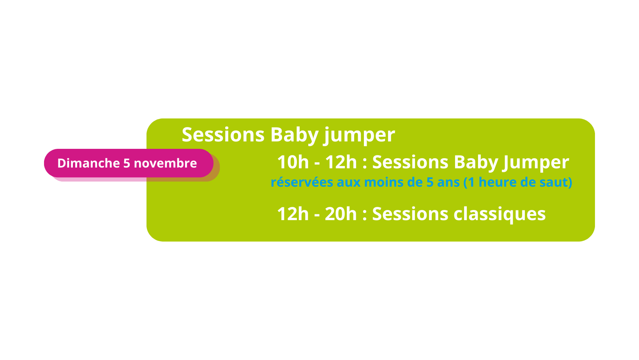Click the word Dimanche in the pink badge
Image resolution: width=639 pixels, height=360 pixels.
(x=88, y=163)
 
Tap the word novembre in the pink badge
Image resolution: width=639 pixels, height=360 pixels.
(x=165, y=163)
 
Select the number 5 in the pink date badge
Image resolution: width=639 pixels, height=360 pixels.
(x=127, y=163)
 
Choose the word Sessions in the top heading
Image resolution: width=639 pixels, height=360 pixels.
(x=223, y=135)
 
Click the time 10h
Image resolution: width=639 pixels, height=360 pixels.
(x=293, y=162)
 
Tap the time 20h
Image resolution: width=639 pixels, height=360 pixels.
(x=341, y=214)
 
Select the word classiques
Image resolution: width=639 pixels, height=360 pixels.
(x=499, y=215)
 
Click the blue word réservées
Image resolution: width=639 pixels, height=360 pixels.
(x=302, y=182)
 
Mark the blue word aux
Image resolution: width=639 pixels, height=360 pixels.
(x=349, y=183)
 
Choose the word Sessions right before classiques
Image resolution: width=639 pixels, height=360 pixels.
(x=410, y=214)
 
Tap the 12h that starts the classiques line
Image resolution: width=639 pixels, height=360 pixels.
(x=293, y=214)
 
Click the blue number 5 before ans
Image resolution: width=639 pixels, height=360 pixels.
(x=430, y=182)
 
